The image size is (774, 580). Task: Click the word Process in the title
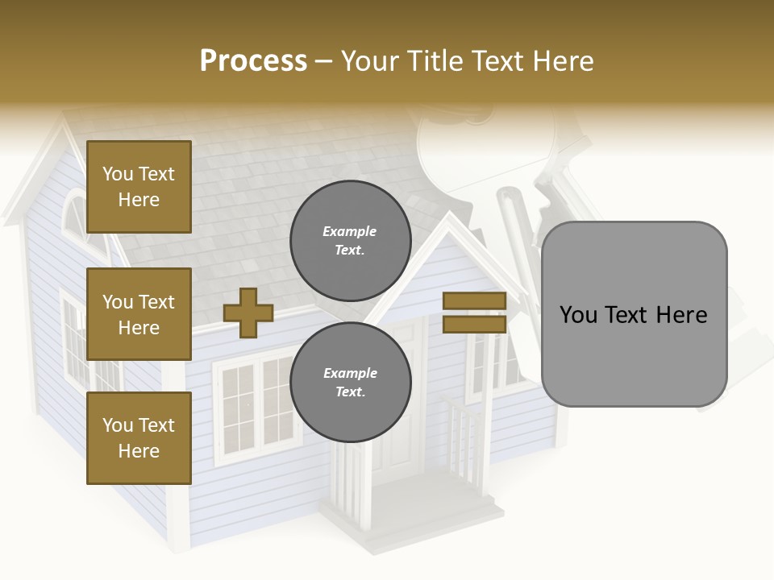253,60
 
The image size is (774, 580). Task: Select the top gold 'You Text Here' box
139,187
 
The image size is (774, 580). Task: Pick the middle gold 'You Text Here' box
139,314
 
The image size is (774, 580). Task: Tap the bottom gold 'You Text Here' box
139,438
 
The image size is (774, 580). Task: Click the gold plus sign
248,313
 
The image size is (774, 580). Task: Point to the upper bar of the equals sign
474,300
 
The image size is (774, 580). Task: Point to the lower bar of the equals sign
474,325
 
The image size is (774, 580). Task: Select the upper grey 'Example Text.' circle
350,241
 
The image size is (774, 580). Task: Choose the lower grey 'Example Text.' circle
350,383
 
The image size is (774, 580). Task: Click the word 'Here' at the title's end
562,60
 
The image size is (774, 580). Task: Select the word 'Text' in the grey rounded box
634,314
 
